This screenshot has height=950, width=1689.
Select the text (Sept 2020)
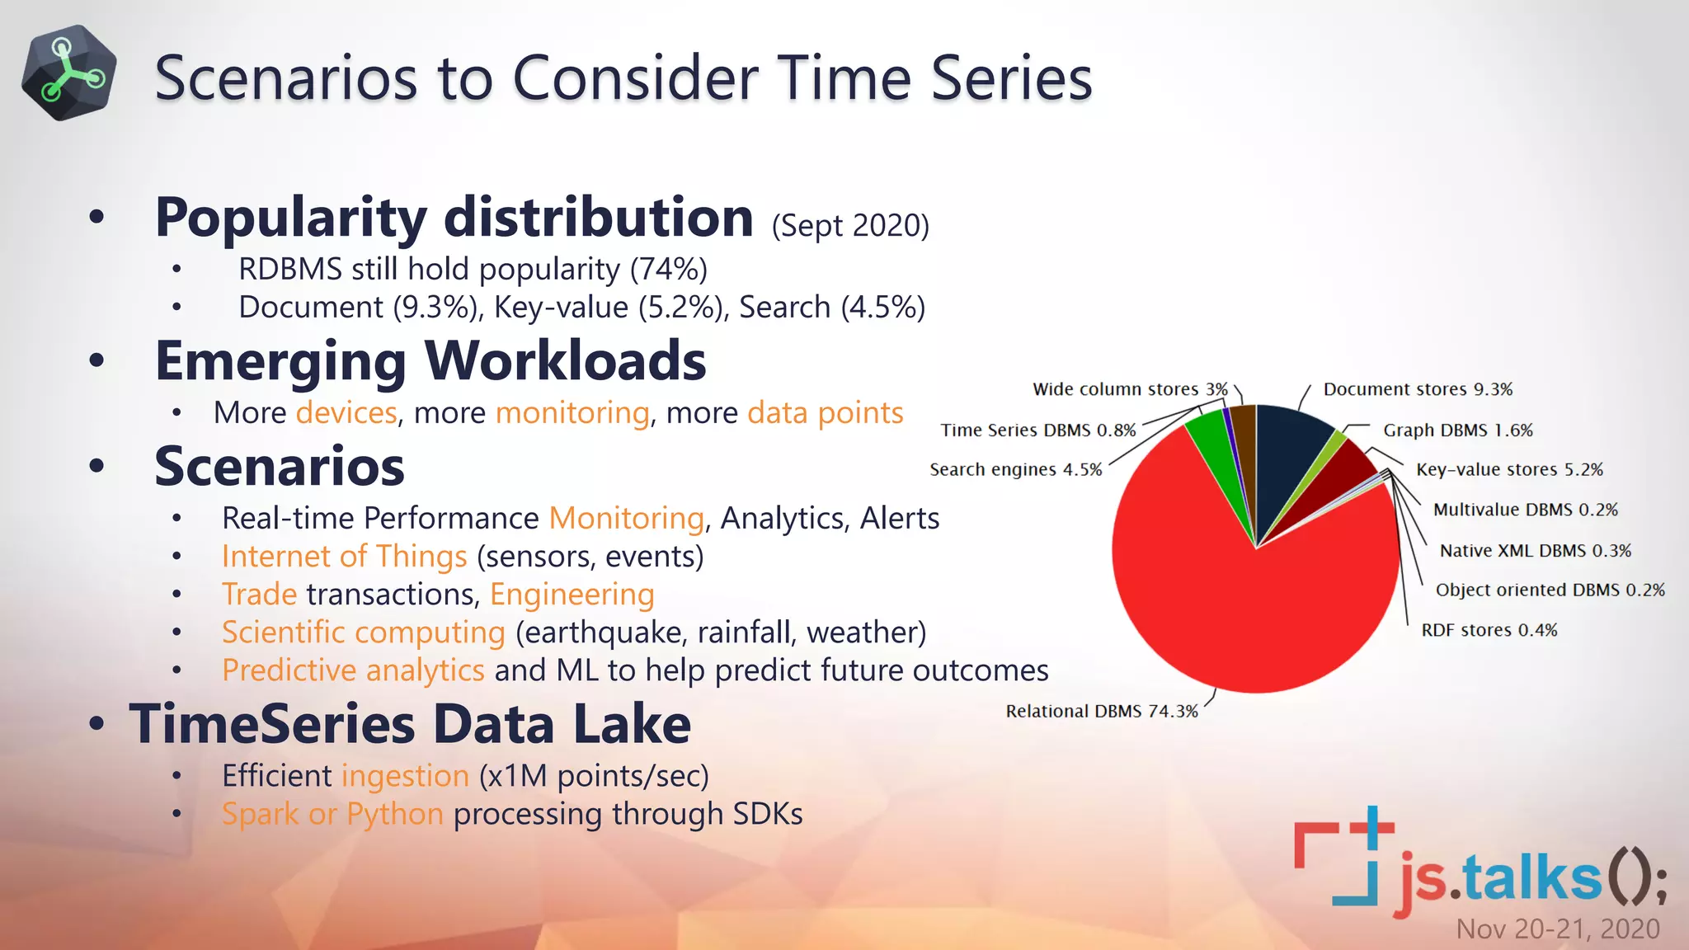point(850,225)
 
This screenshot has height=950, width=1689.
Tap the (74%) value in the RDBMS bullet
point(668,269)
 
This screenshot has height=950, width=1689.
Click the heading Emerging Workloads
point(430,361)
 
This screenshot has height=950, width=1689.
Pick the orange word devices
point(346,412)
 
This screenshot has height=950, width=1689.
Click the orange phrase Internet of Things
point(344,556)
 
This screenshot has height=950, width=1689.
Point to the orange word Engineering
point(572,594)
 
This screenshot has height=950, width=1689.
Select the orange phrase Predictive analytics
point(353,670)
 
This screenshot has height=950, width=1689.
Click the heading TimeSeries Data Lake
point(410,724)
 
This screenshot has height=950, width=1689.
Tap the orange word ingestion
point(405,775)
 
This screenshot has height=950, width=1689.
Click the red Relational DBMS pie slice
point(1237,610)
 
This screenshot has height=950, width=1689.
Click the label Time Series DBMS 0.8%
point(1038,430)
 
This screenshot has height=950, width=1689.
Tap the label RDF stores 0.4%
point(1489,630)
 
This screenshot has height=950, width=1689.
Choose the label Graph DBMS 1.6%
point(1457,430)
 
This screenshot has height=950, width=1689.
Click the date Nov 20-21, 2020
point(1557,929)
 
